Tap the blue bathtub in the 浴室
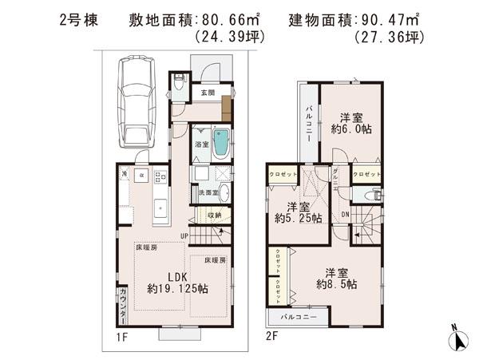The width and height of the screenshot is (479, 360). click(x=223, y=144)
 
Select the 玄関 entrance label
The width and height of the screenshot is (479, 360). click(x=207, y=92)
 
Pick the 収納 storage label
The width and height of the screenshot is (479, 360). click(x=214, y=215)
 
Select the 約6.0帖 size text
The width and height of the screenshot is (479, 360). click(x=351, y=129)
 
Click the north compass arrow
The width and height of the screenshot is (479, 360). click(x=456, y=338)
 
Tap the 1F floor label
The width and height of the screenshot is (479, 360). click(x=121, y=338)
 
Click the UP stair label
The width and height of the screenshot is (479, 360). click(x=184, y=235)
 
